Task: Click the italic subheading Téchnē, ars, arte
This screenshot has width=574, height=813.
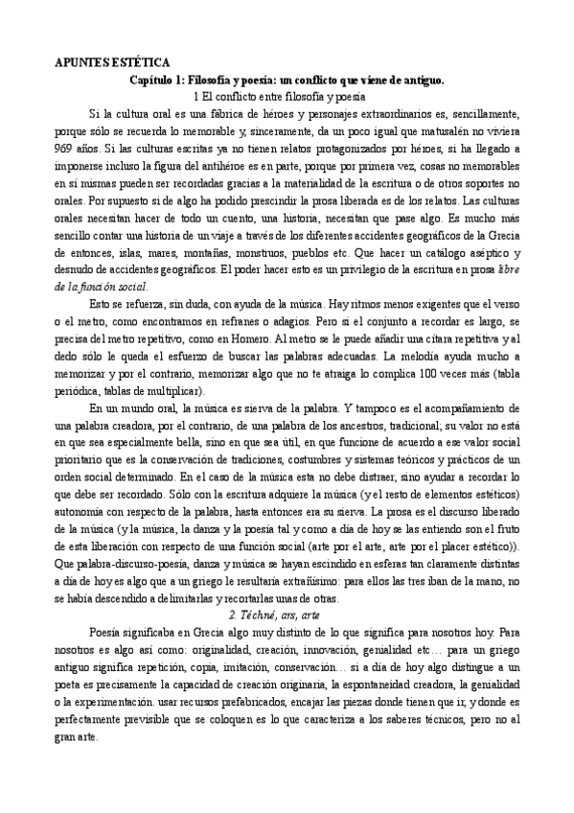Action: (x=287, y=615)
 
